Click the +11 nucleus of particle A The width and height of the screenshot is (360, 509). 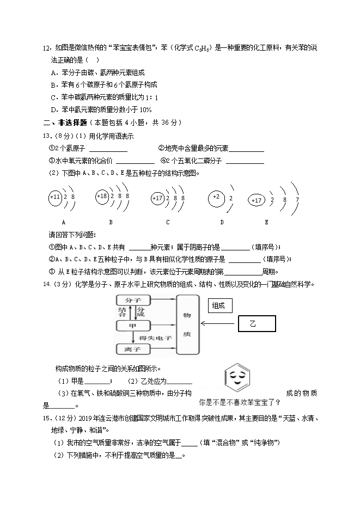[x=55, y=197]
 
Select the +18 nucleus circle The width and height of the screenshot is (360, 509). [x=102, y=197]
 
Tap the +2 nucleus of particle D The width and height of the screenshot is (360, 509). [x=216, y=197]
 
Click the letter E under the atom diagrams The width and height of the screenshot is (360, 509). [x=266, y=222]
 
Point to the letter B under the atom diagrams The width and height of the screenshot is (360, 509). [x=111, y=222]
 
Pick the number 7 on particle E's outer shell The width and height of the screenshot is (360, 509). [x=297, y=200]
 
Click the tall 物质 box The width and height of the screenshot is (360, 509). [x=188, y=324]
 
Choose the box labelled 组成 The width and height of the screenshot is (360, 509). [x=221, y=306]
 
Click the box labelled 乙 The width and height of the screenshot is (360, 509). [x=257, y=323]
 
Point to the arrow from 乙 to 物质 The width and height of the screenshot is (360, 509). [x=219, y=323]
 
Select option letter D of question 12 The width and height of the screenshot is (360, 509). [x=53, y=110]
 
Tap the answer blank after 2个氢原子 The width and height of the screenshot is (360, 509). [x=108, y=149]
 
